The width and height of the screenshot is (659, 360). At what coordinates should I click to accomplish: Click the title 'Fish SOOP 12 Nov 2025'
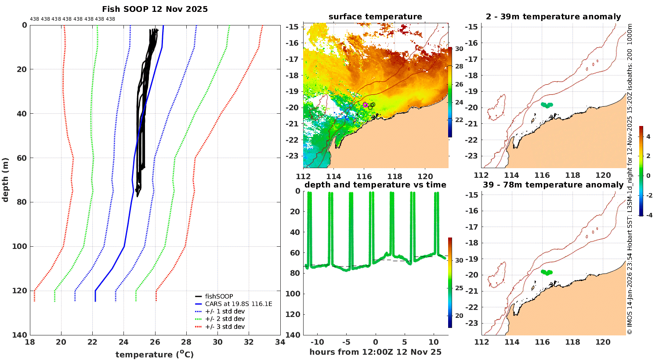tap(155, 9)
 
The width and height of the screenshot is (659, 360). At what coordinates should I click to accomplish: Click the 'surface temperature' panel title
tap(375, 17)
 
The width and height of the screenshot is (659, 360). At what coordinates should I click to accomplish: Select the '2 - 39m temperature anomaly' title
tap(553, 17)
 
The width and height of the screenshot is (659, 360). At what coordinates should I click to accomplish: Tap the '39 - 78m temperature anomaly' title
tap(553, 185)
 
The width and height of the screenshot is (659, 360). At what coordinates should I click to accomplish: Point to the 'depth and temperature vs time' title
tap(375, 185)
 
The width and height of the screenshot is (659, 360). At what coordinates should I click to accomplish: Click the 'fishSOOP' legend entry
tap(219, 296)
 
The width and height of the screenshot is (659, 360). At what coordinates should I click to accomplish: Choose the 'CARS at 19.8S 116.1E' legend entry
tap(239, 304)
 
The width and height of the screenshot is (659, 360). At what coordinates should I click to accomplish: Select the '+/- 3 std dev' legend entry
tap(224, 327)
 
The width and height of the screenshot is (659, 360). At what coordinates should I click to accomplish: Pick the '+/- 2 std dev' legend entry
tap(224, 319)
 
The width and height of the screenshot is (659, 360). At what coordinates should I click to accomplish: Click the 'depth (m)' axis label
tap(5, 180)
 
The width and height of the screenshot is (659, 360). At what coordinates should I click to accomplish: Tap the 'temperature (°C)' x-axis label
tap(155, 354)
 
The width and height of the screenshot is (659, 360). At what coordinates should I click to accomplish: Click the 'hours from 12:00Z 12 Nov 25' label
tap(375, 352)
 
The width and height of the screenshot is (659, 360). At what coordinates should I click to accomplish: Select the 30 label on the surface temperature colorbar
tap(459, 49)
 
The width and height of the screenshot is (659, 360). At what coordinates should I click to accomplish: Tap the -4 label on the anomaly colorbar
tap(648, 215)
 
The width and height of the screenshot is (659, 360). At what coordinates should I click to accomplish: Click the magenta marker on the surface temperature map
tap(365, 104)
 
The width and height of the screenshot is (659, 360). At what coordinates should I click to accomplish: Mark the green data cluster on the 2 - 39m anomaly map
tap(547, 105)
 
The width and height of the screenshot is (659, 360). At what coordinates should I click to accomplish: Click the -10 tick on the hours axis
tap(317, 342)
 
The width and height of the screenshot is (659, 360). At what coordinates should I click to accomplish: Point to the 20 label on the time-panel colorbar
tap(459, 316)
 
